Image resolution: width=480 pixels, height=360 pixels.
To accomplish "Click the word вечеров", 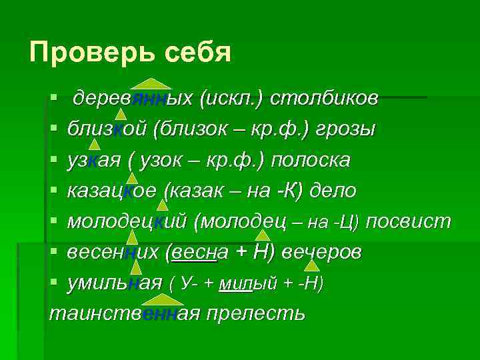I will pyautogui.click(x=323, y=253).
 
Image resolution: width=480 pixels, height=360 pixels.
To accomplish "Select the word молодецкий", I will pyautogui.click(x=127, y=221).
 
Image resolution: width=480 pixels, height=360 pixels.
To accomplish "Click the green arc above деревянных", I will pyautogui.click(x=151, y=83).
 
